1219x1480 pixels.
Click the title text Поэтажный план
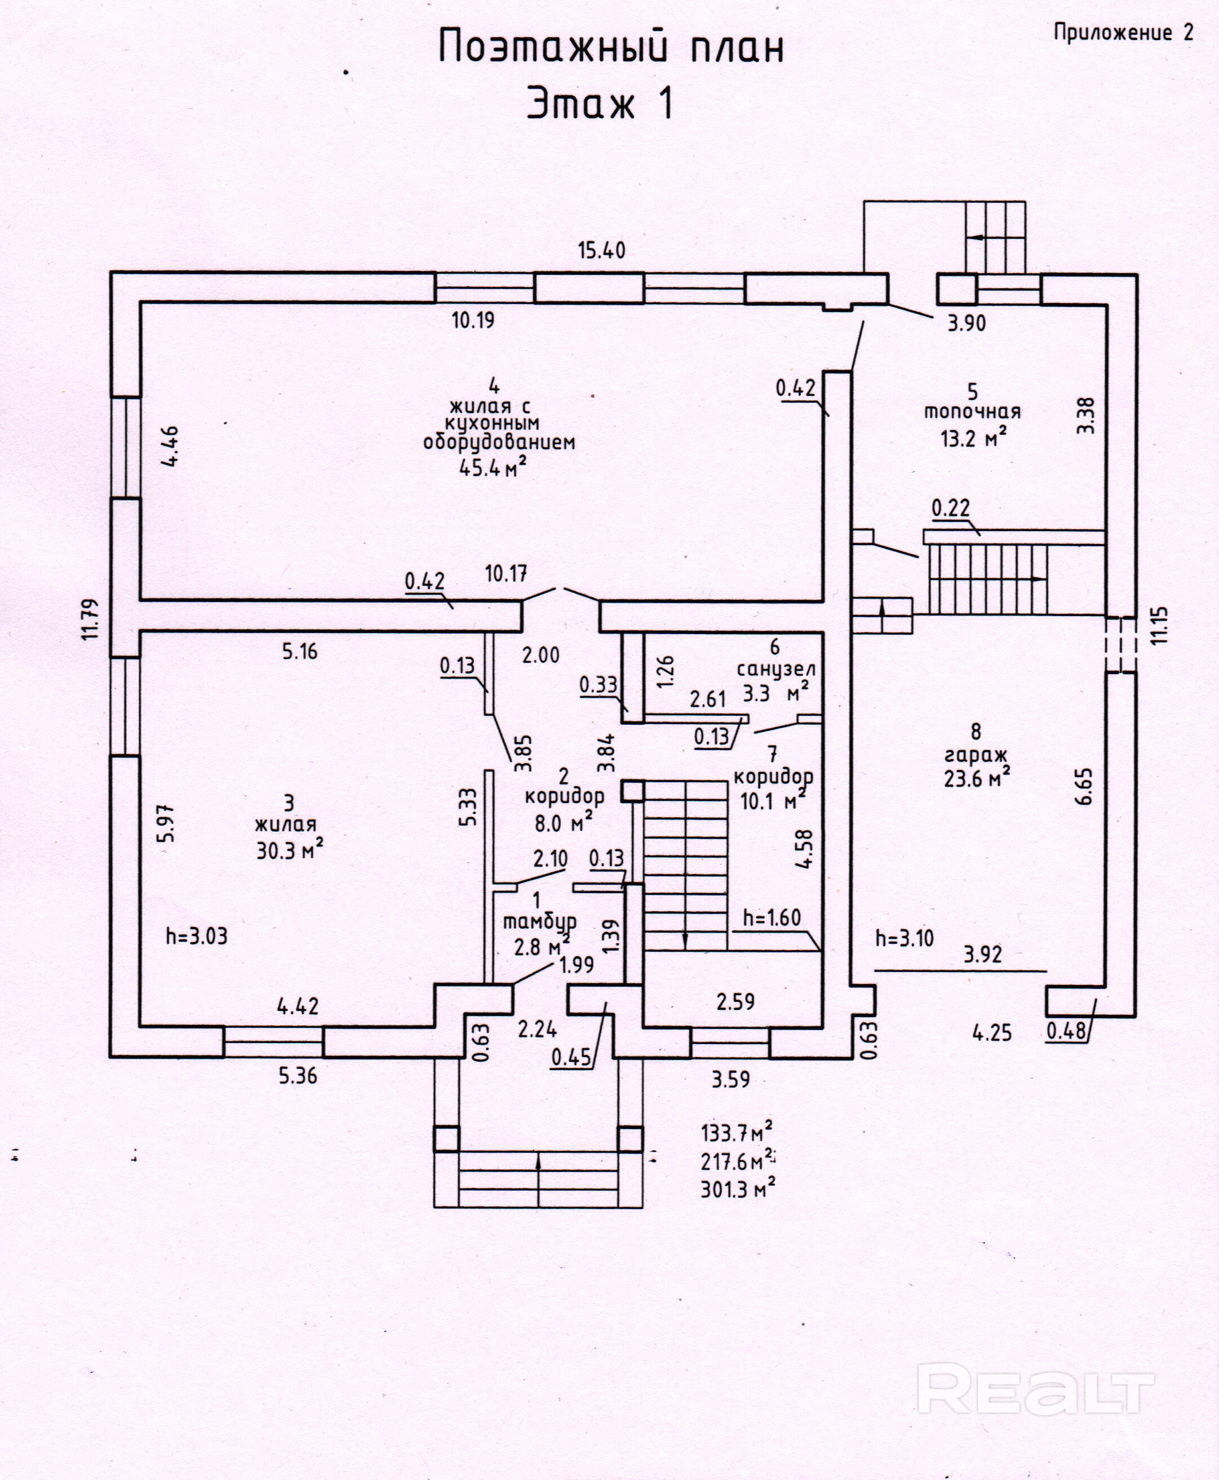(611, 48)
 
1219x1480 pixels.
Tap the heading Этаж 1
(600, 104)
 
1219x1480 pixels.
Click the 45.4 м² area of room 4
(493, 467)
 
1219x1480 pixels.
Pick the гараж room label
(976, 755)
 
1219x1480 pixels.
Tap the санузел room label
(775, 670)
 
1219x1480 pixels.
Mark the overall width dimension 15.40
(601, 251)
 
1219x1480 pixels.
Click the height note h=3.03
(197, 936)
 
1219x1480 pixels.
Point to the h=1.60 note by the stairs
(772, 917)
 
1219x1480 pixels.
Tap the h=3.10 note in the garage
(905, 938)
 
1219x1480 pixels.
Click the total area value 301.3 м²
(737, 1189)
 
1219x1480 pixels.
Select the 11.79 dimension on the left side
(90, 618)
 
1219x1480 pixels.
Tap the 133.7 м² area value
(737, 1133)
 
